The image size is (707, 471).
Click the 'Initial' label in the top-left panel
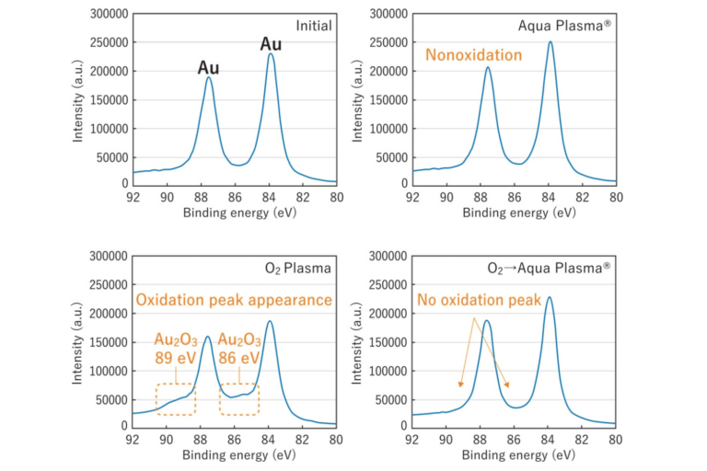click(x=314, y=26)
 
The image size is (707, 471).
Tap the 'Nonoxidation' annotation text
click(x=474, y=55)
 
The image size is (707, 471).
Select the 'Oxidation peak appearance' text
click(x=234, y=300)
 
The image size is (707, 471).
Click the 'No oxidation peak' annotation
click(x=479, y=300)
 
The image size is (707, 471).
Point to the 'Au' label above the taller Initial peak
click(x=271, y=44)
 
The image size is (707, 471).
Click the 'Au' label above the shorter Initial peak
click(x=208, y=68)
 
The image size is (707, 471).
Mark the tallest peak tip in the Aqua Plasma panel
click(x=551, y=42)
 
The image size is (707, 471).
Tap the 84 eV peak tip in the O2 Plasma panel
click(x=270, y=321)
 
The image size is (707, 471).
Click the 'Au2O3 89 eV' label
click(x=176, y=349)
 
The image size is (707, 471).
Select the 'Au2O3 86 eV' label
click(x=239, y=349)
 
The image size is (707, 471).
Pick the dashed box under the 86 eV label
click(x=220, y=399)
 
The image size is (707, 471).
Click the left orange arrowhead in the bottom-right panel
click(x=460, y=385)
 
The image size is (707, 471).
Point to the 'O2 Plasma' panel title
click(x=298, y=269)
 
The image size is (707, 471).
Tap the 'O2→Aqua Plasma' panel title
click(x=550, y=269)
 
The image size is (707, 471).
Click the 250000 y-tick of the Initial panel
click(x=110, y=42)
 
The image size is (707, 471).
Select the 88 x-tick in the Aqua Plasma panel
click(x=481, y=198)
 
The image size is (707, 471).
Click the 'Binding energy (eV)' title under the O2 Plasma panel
click(x=239, y=454)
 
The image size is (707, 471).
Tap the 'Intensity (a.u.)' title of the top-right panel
click(x=357, y=100)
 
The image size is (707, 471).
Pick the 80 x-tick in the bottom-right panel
click(x=616, y=440)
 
